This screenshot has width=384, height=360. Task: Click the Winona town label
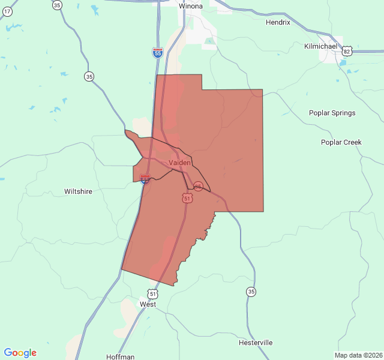191,6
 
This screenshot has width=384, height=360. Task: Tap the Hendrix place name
278,22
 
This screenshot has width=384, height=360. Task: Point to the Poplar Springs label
332,113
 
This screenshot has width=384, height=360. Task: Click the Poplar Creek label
341,142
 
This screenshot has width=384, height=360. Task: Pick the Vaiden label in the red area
180,163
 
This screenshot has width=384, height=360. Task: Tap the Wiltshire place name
78,191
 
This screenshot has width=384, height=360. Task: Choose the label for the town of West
148,304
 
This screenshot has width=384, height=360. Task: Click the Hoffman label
120,356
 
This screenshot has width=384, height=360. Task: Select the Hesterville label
256,343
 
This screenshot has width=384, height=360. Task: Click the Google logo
20,353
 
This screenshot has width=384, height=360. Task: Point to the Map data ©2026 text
358,355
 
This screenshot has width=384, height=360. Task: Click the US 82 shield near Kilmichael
346,52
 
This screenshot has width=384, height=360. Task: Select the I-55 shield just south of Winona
157,53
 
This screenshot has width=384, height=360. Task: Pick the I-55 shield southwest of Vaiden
145,179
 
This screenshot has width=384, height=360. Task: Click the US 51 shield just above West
153,293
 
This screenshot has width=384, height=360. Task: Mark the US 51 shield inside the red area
187,198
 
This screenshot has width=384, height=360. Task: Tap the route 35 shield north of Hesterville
250,292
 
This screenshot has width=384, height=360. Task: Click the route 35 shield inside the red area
198,187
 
